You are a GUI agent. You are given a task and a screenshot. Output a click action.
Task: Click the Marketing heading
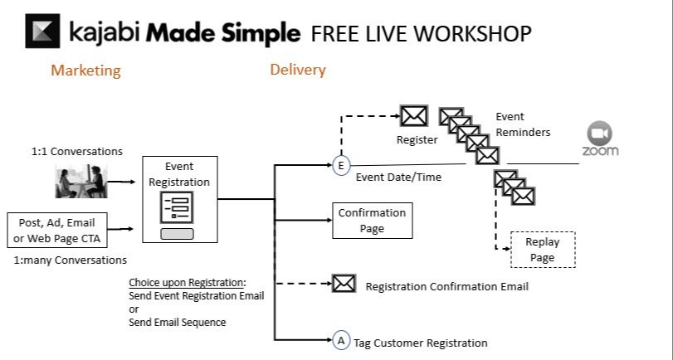(x=85, y=71)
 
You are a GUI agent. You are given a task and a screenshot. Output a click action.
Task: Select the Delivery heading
(x=298, y=70)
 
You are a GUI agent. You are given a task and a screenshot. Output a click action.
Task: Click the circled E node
(x=340, y=166)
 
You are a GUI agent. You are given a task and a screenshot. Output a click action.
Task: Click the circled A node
(x=340, y=339)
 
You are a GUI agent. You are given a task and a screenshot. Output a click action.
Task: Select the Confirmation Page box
(x=372, y=220)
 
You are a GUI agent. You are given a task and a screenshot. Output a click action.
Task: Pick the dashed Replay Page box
(x=542, y=250)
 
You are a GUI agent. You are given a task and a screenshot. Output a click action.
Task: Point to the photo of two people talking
(x=80, y=182)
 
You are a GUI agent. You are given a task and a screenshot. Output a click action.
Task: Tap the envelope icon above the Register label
(x=413, y=116)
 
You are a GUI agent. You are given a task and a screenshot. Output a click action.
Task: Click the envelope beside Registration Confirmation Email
(x=344, y=284)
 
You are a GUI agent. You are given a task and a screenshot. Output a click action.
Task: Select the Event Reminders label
(x=523, y=124)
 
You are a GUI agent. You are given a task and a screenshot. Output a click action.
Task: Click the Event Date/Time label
(x=398, y=177)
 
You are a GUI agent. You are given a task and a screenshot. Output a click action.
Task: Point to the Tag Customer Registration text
(x=421, y=343)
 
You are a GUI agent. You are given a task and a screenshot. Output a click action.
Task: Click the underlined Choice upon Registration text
(x=188, y=282)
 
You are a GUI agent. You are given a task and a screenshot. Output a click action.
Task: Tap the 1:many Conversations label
(x=71, y=260)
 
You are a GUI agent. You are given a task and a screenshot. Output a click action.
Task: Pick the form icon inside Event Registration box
(x=178, y=207)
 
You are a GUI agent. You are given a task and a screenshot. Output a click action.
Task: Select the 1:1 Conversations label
(x=77, y=151)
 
